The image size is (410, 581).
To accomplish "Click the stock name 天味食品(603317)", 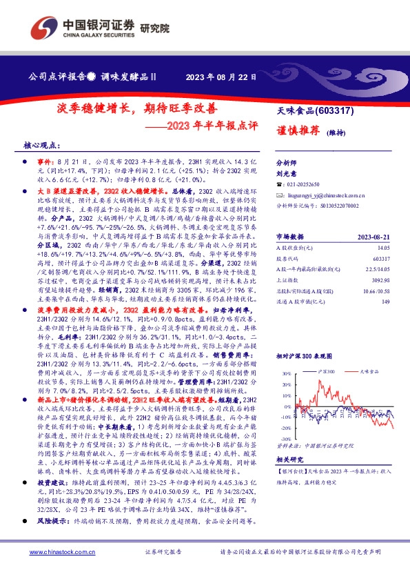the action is click(x=316, y=111).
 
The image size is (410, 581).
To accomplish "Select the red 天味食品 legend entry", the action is click(x=369, y=371).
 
